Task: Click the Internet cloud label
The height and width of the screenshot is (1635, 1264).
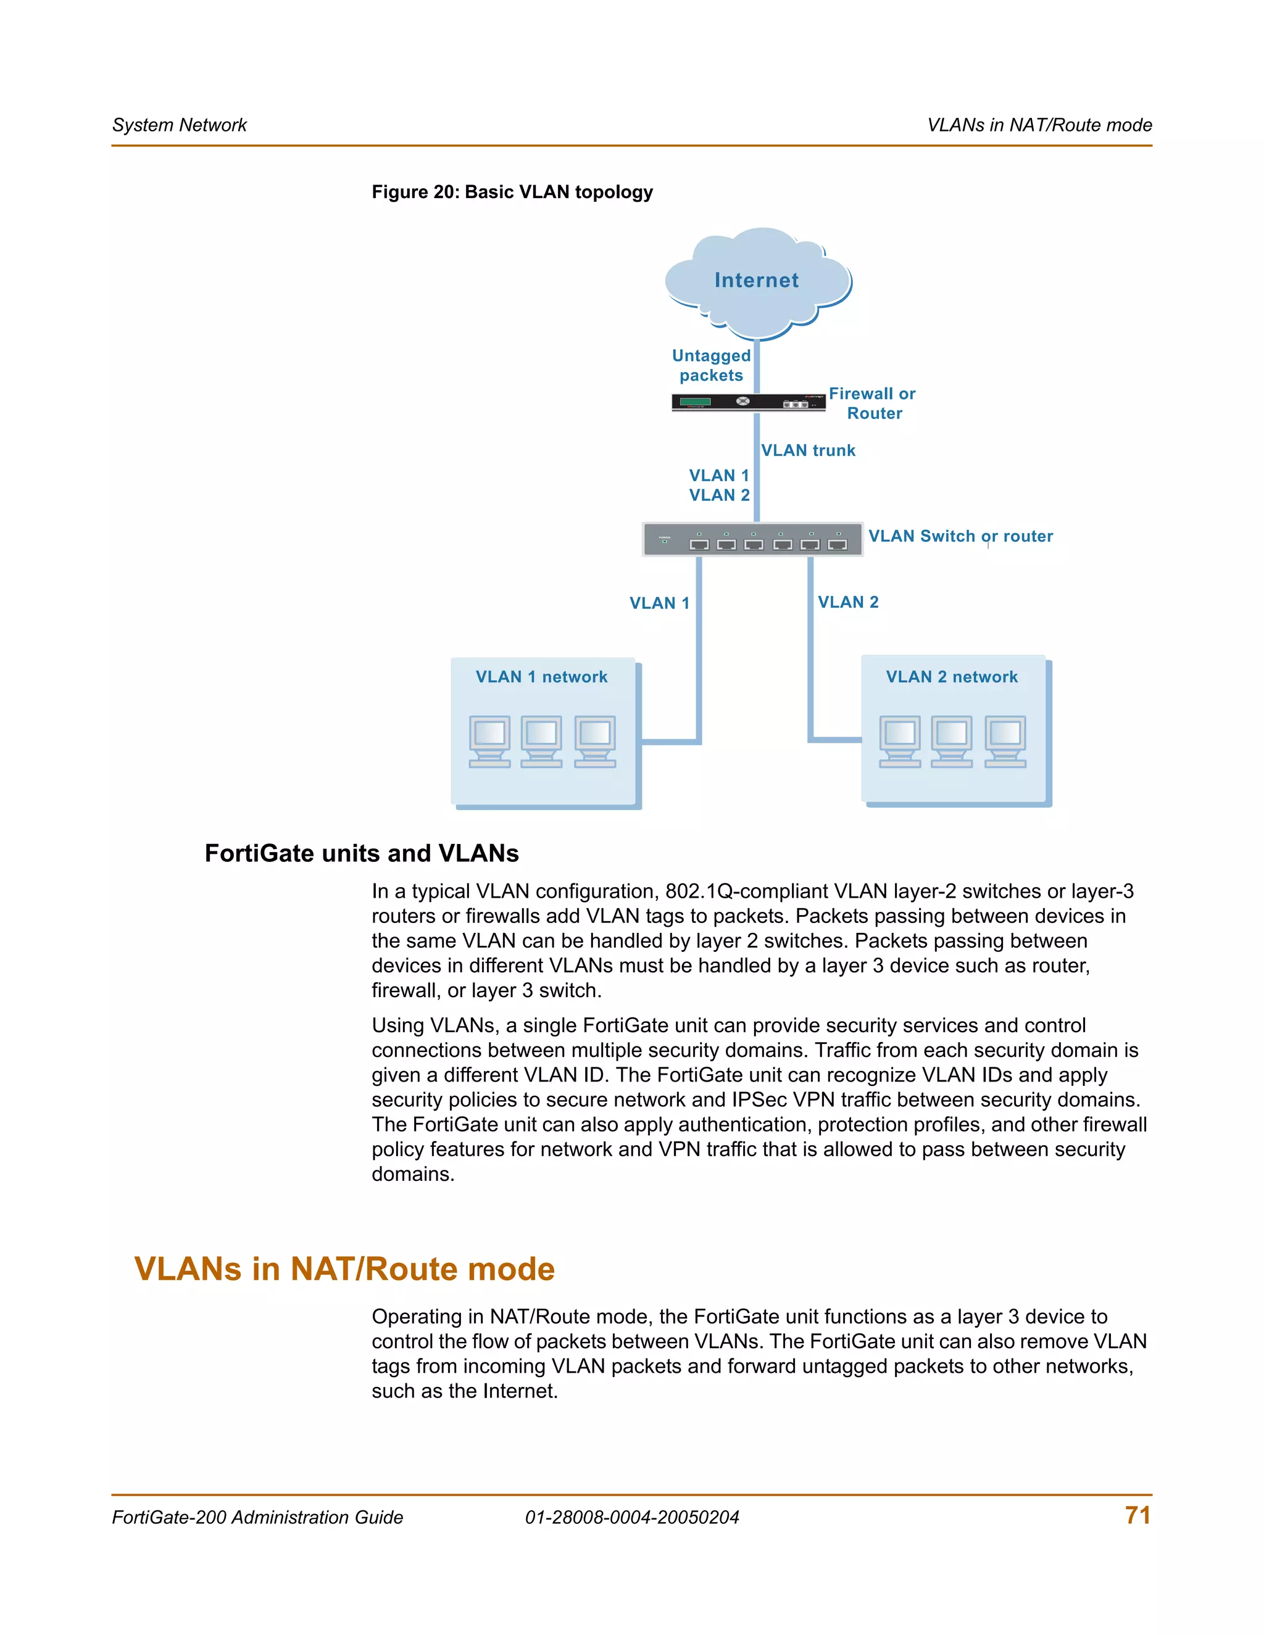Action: (x=756, y=280)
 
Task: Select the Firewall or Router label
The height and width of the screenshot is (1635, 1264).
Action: (x=872, y=404)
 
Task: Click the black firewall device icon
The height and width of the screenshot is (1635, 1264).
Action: (x=748, y=402)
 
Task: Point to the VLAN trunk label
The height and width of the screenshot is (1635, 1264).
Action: (x=808, y=450)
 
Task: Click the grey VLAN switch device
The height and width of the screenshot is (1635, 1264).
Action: (x=752, y=539)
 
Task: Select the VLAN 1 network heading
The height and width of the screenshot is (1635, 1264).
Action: (x=541, y=677)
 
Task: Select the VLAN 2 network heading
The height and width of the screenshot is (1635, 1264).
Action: (x=952, y=677)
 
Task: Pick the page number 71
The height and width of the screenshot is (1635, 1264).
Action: (x=1137, y=1515)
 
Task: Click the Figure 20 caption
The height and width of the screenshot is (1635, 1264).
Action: (x=512, y=192)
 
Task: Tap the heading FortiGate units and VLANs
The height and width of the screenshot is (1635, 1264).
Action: (x=362, y=853)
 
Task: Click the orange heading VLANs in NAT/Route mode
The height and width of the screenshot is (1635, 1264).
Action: (x=344, y=1269)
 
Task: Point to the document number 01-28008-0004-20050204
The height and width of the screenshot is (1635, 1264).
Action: (x=632, y=1518)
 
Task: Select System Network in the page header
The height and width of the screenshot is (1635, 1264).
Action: (x=180, y=125)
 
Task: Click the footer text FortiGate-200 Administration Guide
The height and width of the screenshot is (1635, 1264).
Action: (x=257, y=1518)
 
